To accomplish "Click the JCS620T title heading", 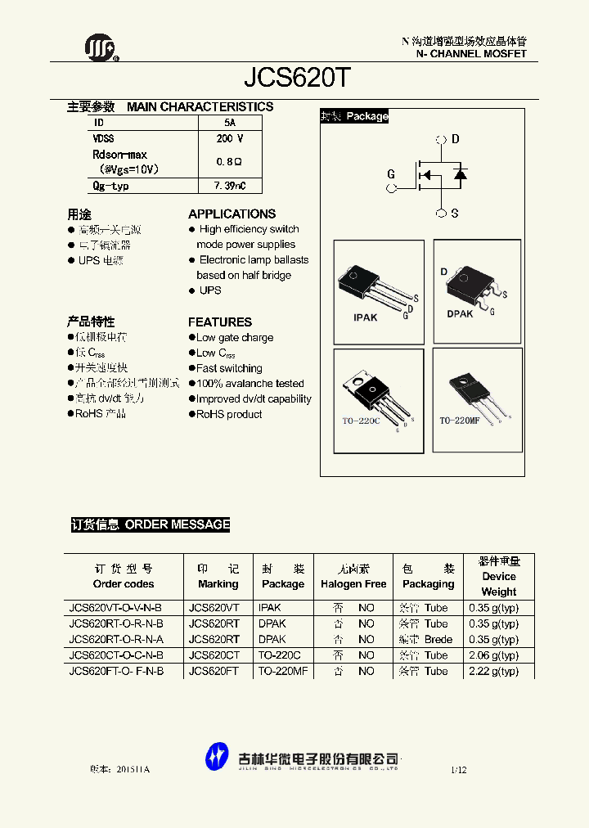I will [298, 79].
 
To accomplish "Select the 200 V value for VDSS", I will [229, 139].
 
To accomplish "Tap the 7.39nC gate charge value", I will [229, 186].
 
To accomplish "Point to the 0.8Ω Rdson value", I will [229, 162].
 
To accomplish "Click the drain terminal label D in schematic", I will [456, 139].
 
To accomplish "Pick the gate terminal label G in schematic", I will [391, 174].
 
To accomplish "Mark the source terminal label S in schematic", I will [455, 214].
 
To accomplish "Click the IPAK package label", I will [365, 317].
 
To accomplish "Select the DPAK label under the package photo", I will [460, 314].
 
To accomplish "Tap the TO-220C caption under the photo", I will [361, 421].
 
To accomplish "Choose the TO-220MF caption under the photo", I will [460, 421].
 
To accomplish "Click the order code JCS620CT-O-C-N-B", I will [116, 655].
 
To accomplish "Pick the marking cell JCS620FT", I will [214, 671].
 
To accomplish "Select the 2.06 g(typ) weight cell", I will [493, 655].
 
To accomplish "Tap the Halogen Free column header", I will [353, 584].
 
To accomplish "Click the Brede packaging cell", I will [438, 640].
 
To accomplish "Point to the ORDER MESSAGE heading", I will [178, 524].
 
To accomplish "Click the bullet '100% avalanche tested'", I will [250, 384].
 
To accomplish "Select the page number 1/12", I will [458, 770].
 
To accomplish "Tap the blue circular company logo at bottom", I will [217, 756].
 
